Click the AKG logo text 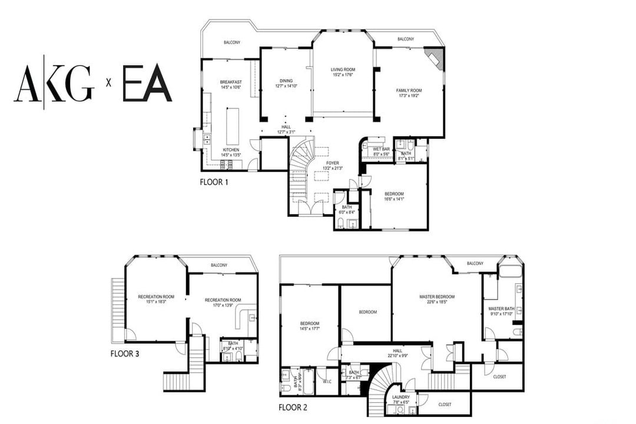[x=54, y=84]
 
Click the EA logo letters [x=147, y=84]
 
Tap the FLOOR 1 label [x=214, y=182]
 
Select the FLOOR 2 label [x=293, y=407]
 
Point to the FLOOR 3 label [x=125, y=354]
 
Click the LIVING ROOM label [x=343, y=70]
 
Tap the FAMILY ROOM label [x=409, y=91]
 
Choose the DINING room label [x=286, y=81]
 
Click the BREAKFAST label [x=231, y=82]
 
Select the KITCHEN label [x=231, y=150]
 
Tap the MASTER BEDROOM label [x=437, y=297]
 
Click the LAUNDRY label [x=401, y=397]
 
